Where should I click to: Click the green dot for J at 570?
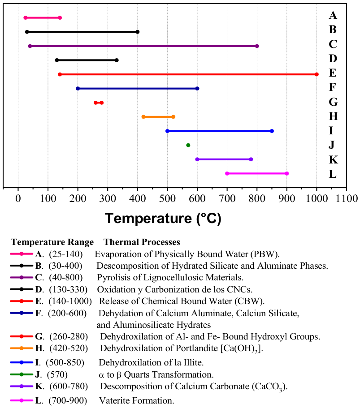[x=188, y=145]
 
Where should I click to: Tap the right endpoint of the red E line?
[x=317, y=74]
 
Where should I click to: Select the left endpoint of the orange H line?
[x=143, y=117]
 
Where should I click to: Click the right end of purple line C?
[x=257, y=46]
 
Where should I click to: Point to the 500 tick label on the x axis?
[x=167, y=198]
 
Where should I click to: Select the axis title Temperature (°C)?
[x=163, y=218]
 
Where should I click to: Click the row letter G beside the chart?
[x=333, y=102]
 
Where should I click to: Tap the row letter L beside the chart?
[x=333, y=174]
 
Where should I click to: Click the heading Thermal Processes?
[x=142, y=242]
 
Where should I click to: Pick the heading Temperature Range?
[x=52, y=242]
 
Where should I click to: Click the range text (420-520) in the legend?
[x=69, y=348]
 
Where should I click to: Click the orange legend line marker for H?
[x=22, y=348]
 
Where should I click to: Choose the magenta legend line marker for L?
[x=22, y=400]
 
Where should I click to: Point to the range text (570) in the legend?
[x=57, y=375]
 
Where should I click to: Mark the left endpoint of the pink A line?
[x=25, y=18]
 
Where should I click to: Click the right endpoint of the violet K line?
[x=251, y=159]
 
